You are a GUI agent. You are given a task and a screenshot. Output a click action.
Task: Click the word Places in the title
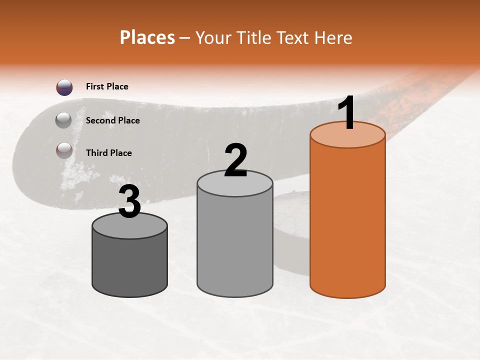tap(147, 37)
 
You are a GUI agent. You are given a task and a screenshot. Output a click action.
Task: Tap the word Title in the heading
tap(253, 37)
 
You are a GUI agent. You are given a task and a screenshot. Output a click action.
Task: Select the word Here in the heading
tap(333, 37)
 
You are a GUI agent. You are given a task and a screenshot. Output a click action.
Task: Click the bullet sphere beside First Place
tap(64, 87)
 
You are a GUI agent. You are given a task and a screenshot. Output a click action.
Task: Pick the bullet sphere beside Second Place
tap(64, 120)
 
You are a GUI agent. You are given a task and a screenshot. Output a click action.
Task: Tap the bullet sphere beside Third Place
tap(64, 150)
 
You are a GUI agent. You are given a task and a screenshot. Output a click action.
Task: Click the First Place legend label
tap(107, 86)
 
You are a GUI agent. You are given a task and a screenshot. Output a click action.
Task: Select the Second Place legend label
tap(112, 120)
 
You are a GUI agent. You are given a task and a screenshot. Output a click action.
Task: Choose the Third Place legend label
tap(108, 153)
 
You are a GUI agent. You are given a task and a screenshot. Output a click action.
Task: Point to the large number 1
tap(346, 114)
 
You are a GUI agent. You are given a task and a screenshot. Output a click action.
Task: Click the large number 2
tap(236, 160)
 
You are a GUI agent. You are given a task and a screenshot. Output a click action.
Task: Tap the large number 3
tap(130, 202)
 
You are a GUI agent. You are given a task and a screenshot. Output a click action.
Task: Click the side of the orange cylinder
tap(347, 220)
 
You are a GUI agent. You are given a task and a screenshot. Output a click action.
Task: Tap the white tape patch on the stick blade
tap(75, 175)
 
